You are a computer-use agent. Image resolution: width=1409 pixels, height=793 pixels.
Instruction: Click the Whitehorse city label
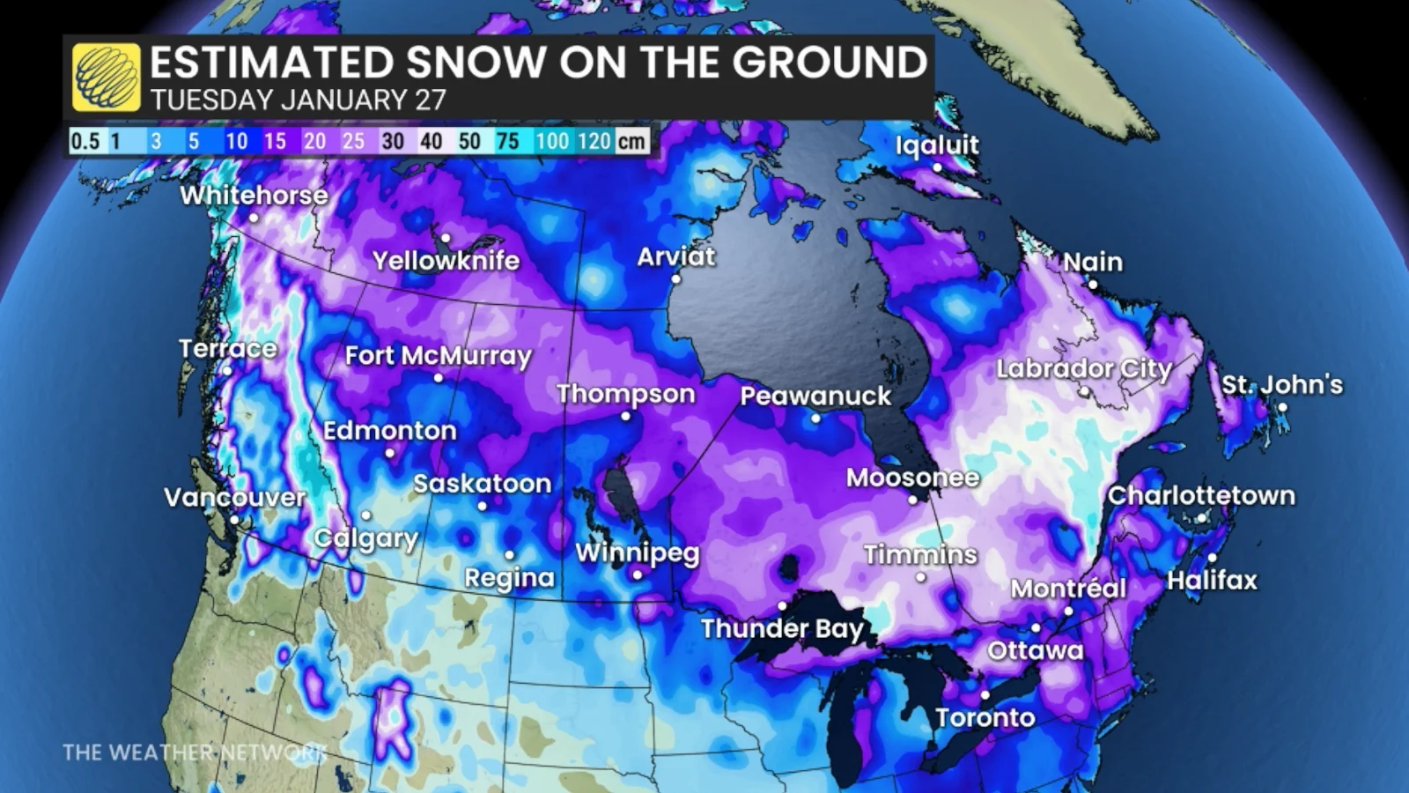(x=254, y=195)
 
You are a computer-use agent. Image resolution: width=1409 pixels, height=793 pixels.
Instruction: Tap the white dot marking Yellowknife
(x=446, y=238)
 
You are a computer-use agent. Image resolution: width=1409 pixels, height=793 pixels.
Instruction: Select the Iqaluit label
(x=937, y=145)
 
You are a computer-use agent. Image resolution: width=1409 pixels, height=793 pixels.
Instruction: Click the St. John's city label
(x=1282, y=385)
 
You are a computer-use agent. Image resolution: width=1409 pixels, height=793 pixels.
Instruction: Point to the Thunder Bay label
(x=782, y=628)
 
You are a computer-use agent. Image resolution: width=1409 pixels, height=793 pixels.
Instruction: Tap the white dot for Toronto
(x=985, y=695)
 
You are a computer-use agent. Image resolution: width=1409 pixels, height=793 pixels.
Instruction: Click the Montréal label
(x=1068, y=589)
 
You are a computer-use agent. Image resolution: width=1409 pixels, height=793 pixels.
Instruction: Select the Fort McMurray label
(x=439, y=356)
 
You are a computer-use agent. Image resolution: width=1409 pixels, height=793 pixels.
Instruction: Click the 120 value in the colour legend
(x=594, y=141)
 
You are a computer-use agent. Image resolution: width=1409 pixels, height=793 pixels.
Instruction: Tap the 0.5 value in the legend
(x=85, y=141)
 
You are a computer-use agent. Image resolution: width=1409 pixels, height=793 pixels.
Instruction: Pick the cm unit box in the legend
(x=631, y=141)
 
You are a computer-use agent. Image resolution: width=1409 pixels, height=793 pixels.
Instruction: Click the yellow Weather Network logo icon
(x=107, y=78)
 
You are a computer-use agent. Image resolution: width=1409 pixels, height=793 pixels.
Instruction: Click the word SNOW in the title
(x=477, y=63)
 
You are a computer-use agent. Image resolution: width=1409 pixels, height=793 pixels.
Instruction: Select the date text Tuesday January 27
(x=298, y=100)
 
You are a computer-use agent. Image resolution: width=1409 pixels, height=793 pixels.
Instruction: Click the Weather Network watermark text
(x=194, y=752)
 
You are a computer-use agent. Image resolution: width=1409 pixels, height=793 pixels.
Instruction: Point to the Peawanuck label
(x=815, y=396)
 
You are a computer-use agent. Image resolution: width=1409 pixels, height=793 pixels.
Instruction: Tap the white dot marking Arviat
(x=676, y=278)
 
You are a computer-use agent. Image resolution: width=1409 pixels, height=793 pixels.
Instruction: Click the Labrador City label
(x=1084, y=368)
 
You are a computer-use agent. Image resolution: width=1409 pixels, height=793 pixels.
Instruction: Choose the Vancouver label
(x=234, y=498)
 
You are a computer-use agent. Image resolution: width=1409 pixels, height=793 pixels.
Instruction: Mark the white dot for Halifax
(x=1213, y=557)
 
